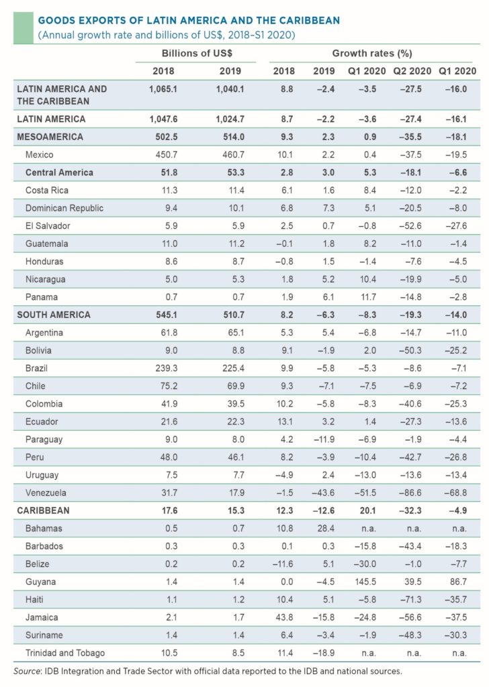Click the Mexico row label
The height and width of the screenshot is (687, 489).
39,154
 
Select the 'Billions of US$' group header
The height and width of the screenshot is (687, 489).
196,53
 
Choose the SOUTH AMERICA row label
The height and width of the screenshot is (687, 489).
53,314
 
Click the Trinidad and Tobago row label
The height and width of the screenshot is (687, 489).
65,653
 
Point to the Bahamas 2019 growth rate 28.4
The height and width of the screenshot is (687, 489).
324,528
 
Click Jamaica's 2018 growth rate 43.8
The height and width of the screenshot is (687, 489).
283,617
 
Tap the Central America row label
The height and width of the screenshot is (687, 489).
59,172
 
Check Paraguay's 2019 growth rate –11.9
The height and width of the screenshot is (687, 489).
324,439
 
